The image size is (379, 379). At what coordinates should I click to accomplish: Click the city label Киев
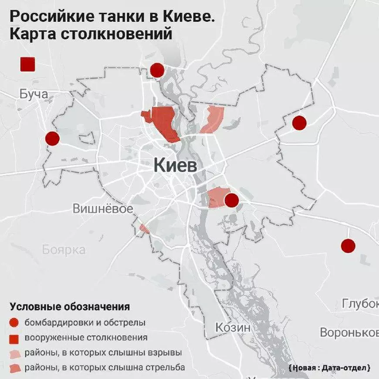click(x=175, y=166)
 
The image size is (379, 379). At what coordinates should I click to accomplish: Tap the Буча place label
click(x=34, y=94)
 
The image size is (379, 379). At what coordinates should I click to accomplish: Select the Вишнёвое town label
click(x=102, y=209)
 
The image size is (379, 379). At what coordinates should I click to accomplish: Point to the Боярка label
click(x=64, y=250)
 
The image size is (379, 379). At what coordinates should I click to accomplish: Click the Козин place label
click(x=233, y=327)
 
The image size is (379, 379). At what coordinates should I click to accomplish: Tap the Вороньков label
click(x=349, y=332)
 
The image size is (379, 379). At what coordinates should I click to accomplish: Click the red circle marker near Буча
click(x=52, y=139)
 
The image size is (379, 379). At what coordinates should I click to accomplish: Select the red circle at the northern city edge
click(x=157, y=70)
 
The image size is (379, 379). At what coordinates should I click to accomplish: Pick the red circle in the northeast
click(x=299, y=123)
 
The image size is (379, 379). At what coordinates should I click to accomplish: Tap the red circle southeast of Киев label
click(x=231, y=200)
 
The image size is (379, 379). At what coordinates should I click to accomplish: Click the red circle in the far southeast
click(x=348, y=246)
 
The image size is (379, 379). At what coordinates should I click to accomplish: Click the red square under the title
click(x=28, y=64)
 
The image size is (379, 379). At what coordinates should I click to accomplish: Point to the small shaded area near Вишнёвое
click(x=144, y=229)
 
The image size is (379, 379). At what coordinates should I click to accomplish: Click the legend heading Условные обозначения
click(x=70, y=307)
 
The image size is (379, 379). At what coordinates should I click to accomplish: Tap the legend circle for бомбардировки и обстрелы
click(x=15, y=323)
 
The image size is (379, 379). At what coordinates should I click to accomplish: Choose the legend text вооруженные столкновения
click(x=86, y=338)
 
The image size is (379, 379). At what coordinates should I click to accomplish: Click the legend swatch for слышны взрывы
click(x=15, y=353)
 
